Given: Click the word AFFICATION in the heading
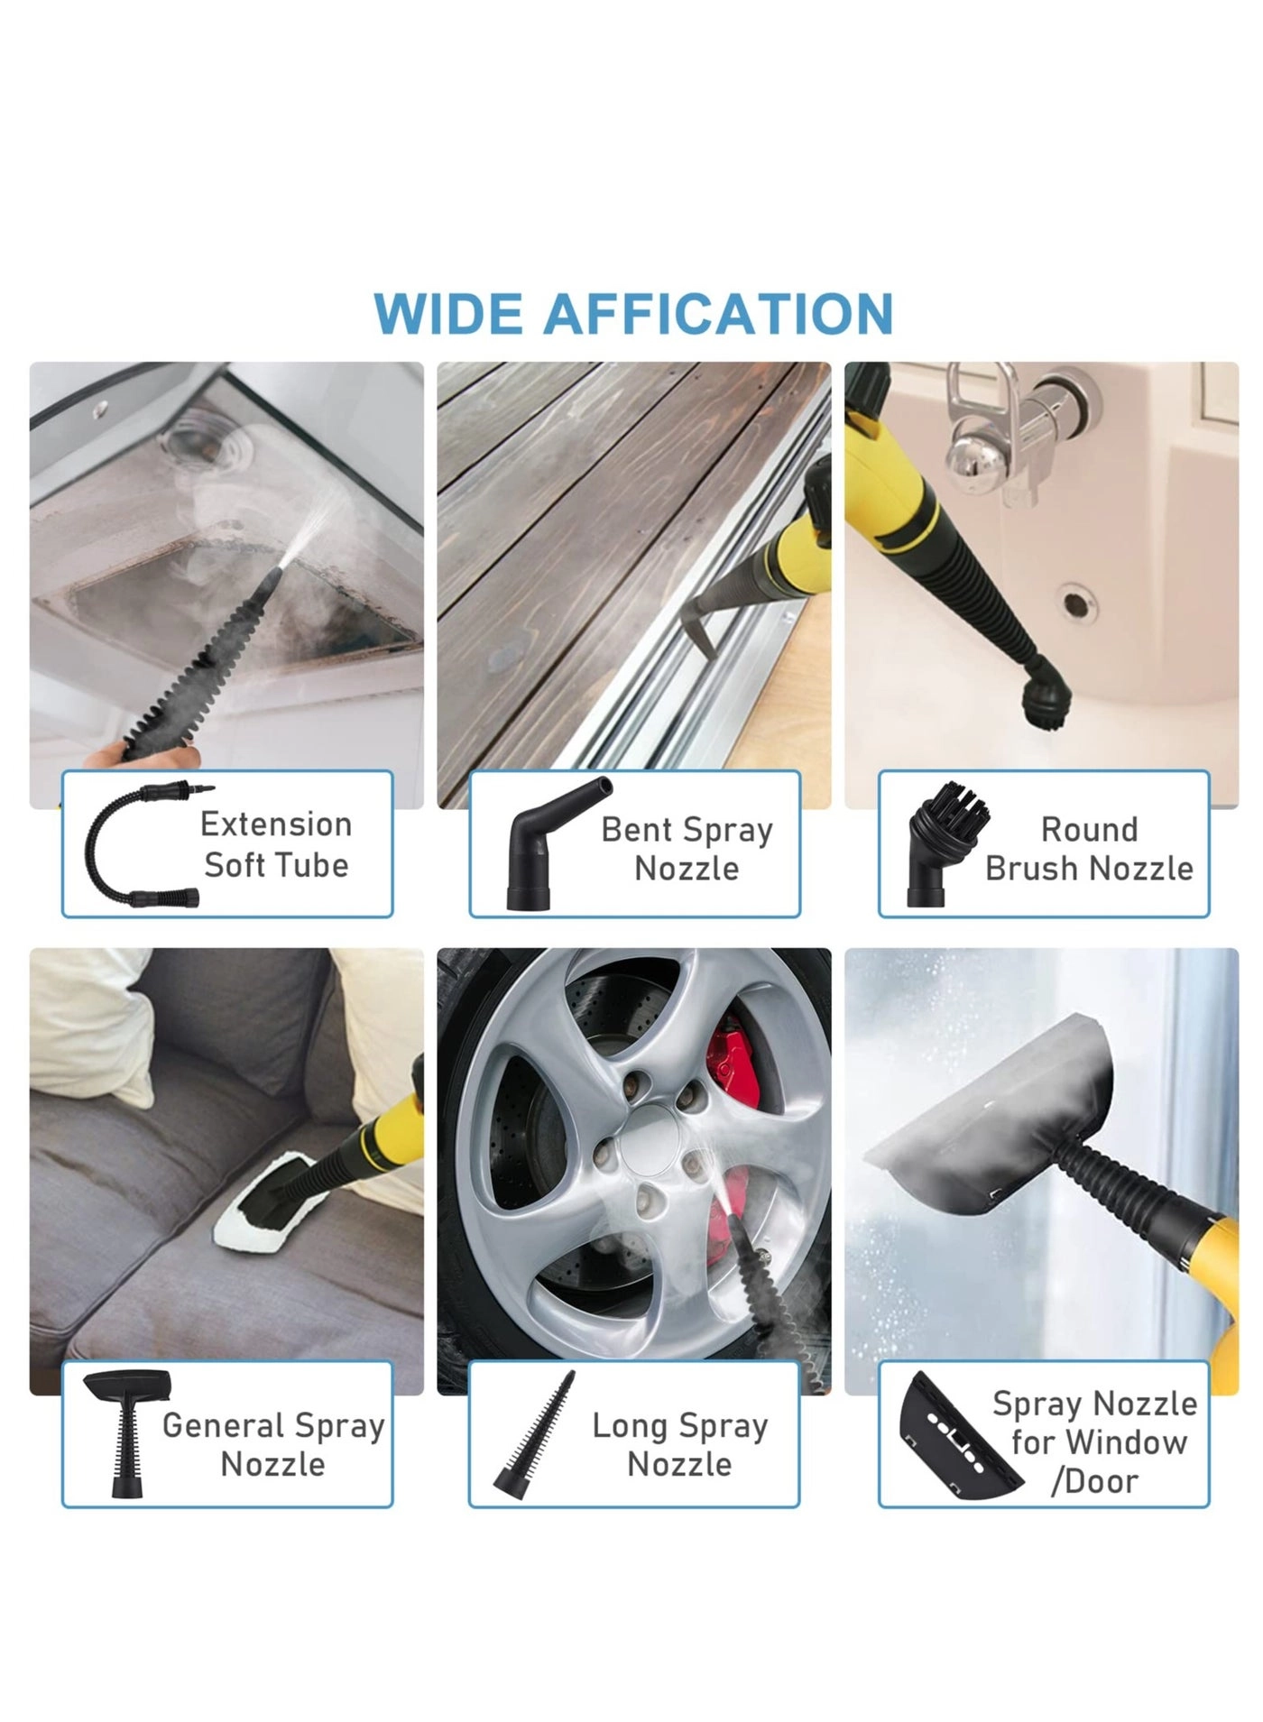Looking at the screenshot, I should pos(718,314).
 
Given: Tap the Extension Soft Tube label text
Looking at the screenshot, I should pos(276,844).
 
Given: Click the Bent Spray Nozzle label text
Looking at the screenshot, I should pos(687,849).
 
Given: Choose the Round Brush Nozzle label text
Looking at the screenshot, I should pos(1089,849).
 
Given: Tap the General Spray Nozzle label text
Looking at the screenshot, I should pos(273,1444).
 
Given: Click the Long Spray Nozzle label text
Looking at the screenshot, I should pos(680,1444).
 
